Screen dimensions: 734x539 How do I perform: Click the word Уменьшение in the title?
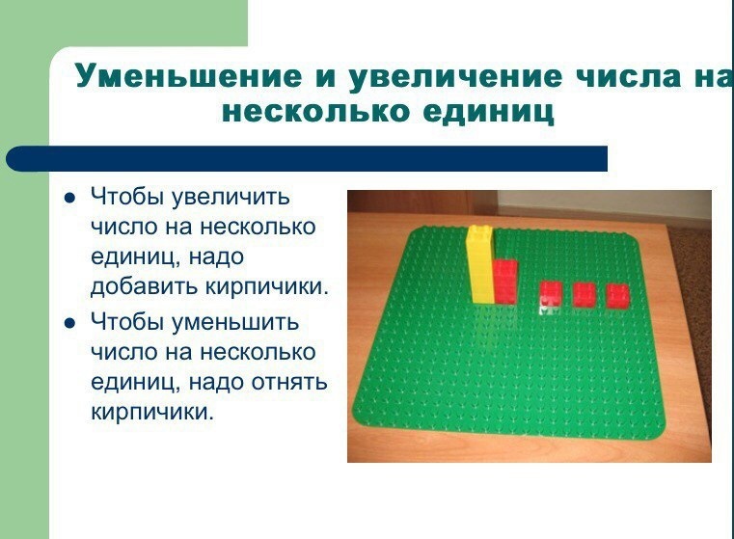pyautogui.click(x=189, y=76)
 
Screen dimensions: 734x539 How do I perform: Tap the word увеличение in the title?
pyautogui.click(x=455, y=76)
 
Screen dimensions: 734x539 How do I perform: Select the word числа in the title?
pyautogui.click(x=628, y=76)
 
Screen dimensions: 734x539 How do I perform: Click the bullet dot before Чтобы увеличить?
pyautogui.click(x=69, y=198)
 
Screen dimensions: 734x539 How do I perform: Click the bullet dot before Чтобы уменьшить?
pyautogui.click(x=69, y=323)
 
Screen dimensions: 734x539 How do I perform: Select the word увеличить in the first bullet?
pyautogui.click(x=231, y=197)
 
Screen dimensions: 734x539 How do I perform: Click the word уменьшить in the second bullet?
pyautogui.click(x=235, y=322)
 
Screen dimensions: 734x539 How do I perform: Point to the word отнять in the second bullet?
pyautogui.click(x=289, y=383)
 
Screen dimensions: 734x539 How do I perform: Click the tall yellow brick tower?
pyautogui.click(x=480, y=264)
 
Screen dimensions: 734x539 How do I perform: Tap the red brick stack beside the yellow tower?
pyautogui.click(x=505, y=283)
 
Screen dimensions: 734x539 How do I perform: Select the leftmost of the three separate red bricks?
pyautogui.click(x=551, y=294)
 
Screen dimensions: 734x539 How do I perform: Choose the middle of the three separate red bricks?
pyautogui.click(x=584, y=295)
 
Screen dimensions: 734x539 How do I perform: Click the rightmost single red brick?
pyautogui.click(x=618, y=296)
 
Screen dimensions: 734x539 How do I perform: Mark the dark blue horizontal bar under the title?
pyautogui.click(x=307, y=158)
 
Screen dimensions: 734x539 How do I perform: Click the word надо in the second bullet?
pyautogui.click(x=216, y=382)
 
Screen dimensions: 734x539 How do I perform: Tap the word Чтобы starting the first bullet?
pyautogui.click(x=127, y=197)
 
